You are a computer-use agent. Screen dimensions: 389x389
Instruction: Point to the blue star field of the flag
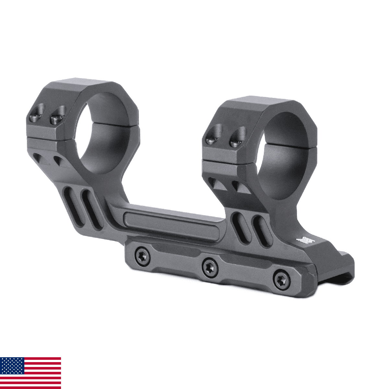pyautogui.click(x=12, y=366)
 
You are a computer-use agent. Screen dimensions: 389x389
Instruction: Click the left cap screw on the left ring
pyautogui.click(x=37, y=114)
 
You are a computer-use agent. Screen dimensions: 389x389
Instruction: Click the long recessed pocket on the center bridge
pyautogui.click(x=170, y=224)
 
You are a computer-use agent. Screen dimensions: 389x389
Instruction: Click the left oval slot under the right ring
pyautogui.click(x=241, y=228)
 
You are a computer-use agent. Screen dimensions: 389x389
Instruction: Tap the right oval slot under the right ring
pyautogui.click(x=261, y=231)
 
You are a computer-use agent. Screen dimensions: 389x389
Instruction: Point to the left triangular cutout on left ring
pyautogui.click(x=40, y=159)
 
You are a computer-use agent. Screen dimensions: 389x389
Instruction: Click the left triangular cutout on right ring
pyautogui.click(x=217, y=184)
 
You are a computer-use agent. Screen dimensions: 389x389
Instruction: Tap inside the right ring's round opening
pyautogui.click(x=285, y=156)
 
